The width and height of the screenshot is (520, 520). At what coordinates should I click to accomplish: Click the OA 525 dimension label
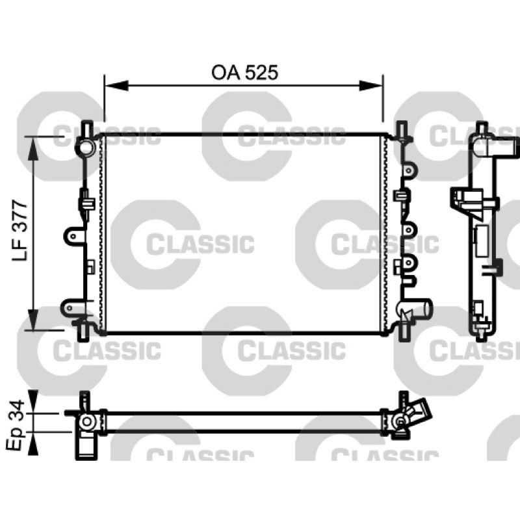(x=245, y=73)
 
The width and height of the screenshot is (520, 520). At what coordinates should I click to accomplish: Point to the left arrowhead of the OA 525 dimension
(x=116, y=86)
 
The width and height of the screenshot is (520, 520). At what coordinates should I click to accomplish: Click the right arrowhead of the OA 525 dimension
(x=371, y=86)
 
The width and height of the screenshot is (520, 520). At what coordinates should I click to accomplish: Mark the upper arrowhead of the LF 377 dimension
(x=33, y=148)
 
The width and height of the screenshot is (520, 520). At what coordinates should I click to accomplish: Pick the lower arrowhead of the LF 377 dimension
(x=33, y=319)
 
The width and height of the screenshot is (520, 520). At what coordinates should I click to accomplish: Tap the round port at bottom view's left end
(x=87, y=422)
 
